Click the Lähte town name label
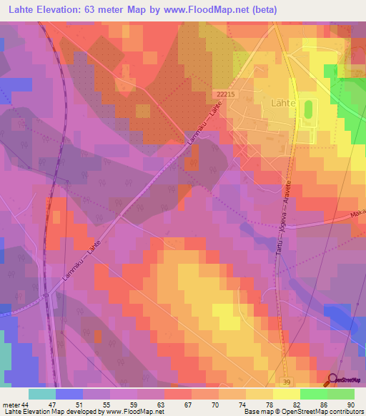point(267,102)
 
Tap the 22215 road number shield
point(224,93)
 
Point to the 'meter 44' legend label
point(15,404)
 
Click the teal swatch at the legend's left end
point(42,394)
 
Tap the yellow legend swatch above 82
point(286,394)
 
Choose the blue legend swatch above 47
point(69,394)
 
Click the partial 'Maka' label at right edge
point(357,212)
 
